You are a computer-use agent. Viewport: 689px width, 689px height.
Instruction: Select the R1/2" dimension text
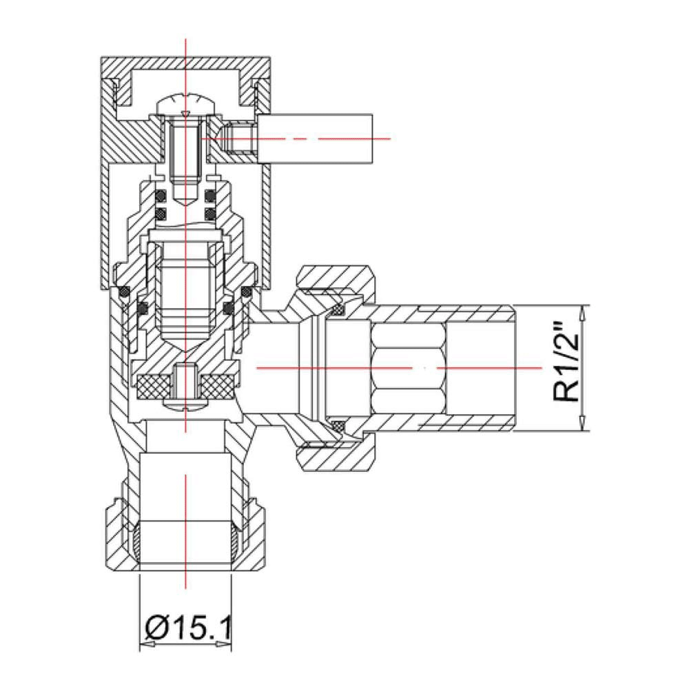pos(566,369)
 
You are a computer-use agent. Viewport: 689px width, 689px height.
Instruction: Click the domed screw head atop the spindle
pos(185,104)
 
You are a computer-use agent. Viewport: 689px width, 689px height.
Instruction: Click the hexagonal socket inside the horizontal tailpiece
pos(407,369)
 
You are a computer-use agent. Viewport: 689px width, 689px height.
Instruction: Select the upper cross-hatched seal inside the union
pos(338,312)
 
